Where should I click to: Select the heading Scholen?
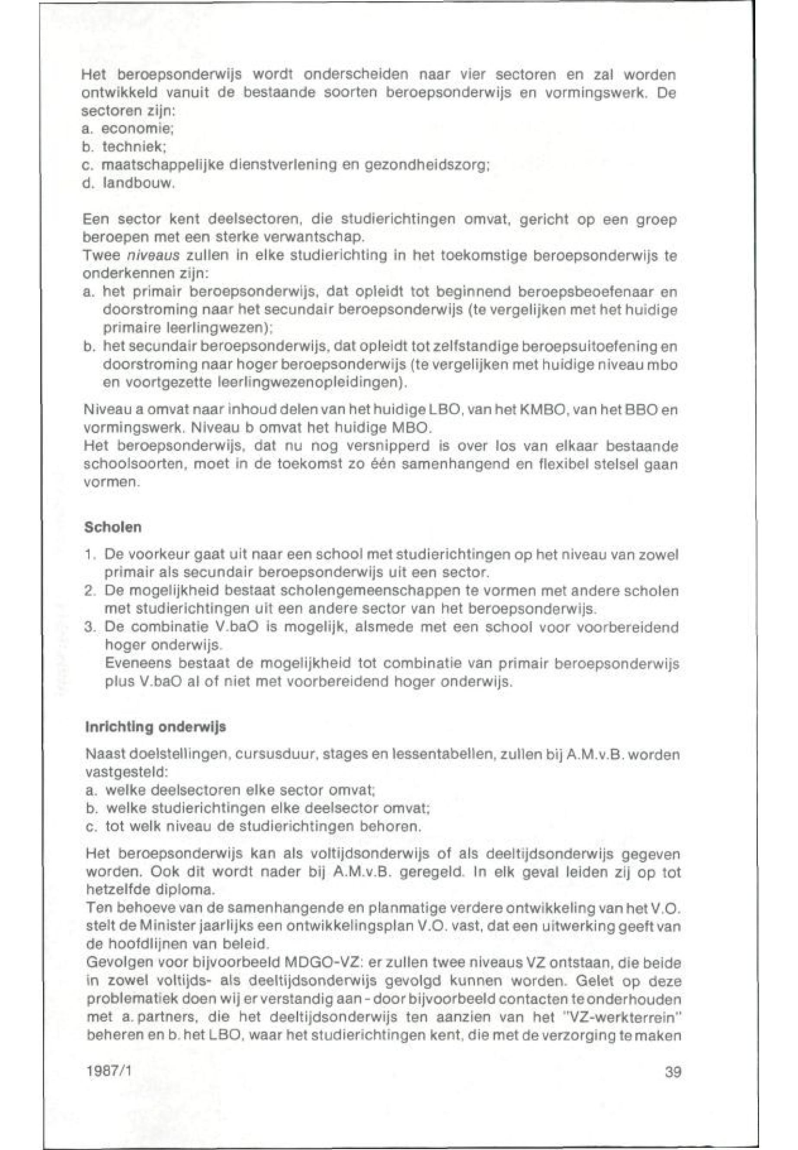[113, 527]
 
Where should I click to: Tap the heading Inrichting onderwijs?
[156, 727]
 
